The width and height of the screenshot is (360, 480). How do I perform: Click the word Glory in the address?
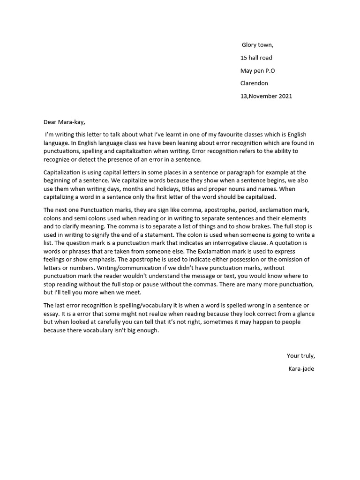tap(250, 45)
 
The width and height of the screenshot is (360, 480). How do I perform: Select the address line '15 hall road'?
tap(256, 58)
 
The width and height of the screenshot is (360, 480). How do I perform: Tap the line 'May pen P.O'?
tap(257, 70)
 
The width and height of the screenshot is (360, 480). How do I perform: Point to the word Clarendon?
tap(254, 83)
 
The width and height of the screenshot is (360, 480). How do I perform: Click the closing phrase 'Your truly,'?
tap(300, 355)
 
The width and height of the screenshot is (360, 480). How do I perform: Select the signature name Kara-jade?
tap(301, 368)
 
